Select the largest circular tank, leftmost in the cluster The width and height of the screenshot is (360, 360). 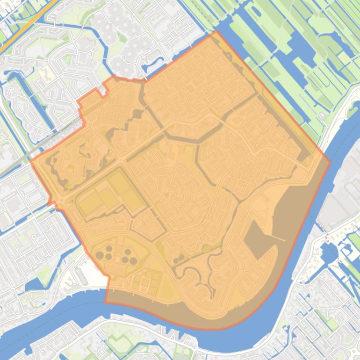[100, 255]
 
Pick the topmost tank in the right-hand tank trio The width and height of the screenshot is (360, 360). [128, 252]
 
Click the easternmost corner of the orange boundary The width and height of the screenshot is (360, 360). [330, 162]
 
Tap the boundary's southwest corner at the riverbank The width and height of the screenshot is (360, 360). [105, 302]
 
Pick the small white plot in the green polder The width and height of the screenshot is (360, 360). [321, 115]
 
